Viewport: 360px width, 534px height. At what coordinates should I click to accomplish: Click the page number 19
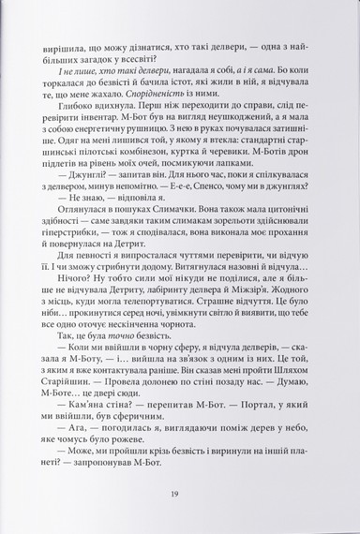coord(179,496)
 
